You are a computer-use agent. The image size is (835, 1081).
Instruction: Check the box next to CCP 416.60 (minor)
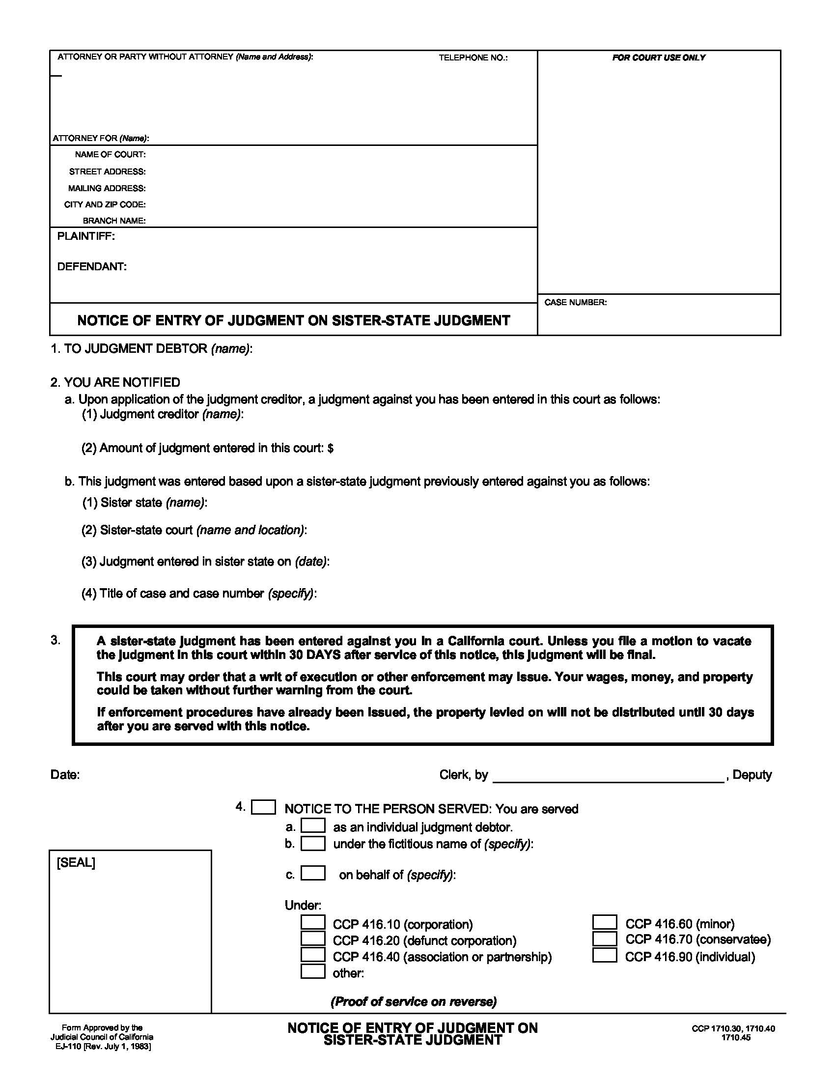(x=605, y=922)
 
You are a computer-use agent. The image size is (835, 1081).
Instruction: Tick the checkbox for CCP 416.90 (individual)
(x=605, y=955)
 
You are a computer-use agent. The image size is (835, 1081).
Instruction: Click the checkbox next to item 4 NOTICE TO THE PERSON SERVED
(x=263, y=807)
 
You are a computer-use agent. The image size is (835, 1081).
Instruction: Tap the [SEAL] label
(x=76, y=863)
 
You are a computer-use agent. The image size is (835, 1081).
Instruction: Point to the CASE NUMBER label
(x=575, y=302)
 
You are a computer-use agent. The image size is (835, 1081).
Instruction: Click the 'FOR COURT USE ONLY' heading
(x=658, y=57)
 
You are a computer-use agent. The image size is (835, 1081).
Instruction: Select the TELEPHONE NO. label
(x=473, y=58)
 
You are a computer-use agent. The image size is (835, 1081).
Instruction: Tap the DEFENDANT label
(x=92, y=267)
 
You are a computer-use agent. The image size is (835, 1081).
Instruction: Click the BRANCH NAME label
(x=114, y=221)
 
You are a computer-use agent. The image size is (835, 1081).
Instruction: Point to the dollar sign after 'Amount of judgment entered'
(x=331, y=449)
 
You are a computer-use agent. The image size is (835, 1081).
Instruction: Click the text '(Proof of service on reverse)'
(x=413, y=1002)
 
